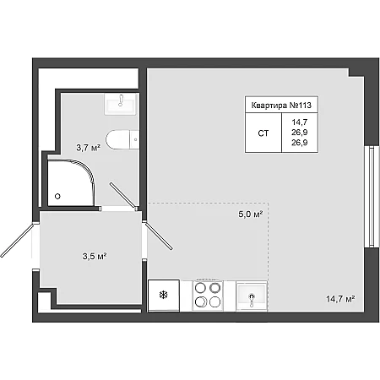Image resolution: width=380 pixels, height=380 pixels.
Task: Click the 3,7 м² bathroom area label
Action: (x=89, y=148)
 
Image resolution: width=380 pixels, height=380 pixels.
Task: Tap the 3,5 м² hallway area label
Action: (x=95, y=256)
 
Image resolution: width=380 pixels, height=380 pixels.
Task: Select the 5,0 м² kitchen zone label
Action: (x=251, y=214)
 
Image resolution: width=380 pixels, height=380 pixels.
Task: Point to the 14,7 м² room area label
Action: (x=340, y=299)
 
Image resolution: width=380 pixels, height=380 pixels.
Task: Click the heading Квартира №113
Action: (x=281, y=106)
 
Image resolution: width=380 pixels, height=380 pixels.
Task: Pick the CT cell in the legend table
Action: (x=263, y=133)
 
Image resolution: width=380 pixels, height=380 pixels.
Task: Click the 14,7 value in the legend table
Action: (x=300, y=122)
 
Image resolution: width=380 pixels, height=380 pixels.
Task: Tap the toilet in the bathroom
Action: (x=122, y=139)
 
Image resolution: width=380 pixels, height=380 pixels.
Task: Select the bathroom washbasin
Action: (x=121, y=104)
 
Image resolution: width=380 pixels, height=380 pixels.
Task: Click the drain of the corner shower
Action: (x=57, y=196)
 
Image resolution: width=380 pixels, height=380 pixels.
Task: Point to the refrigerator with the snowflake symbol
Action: (x=164, y=296)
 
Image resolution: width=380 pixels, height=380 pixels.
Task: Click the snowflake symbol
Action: (x=164, y=295)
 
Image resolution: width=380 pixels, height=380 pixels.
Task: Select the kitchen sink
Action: (x=252, y=296)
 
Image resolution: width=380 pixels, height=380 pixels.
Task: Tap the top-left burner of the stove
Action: (x=200, y=288)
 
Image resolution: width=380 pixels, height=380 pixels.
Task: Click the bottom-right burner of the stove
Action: (x=215, y=301)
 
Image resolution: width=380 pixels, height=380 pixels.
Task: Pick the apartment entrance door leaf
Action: (x=18, y=240)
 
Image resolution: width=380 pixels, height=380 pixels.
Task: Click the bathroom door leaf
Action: (x=122, y=196)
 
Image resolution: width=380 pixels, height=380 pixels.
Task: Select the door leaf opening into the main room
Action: (x=158, y=236)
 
